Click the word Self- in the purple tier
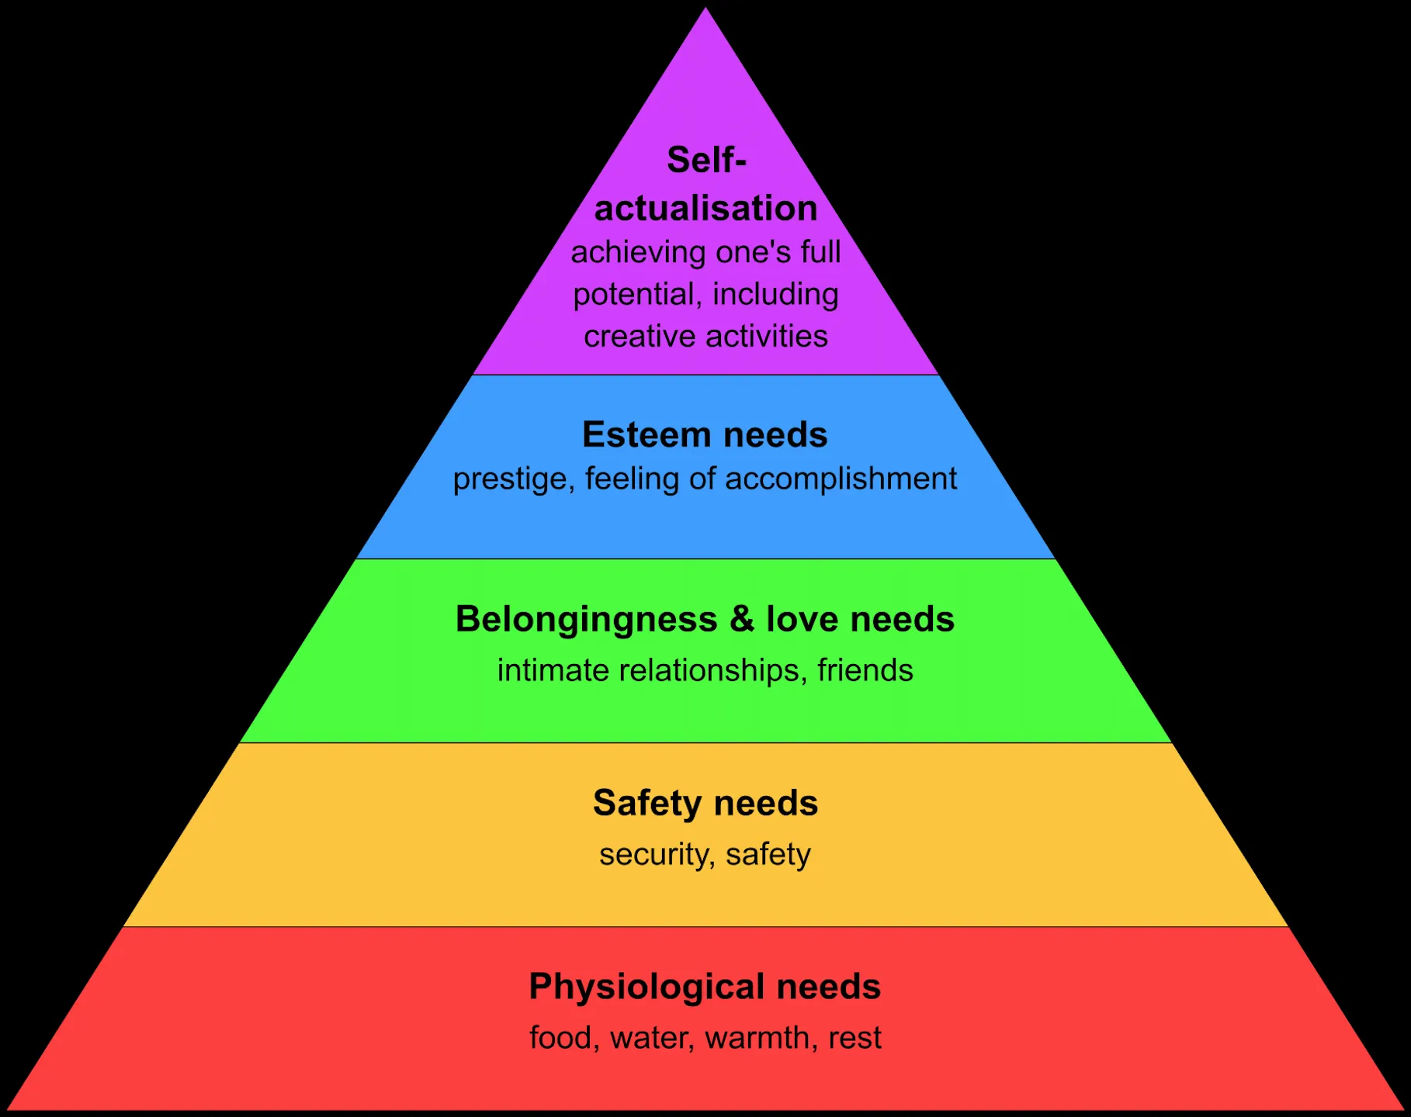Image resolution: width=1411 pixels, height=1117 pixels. [706, 161]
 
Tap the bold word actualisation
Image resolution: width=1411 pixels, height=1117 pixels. [706, 209]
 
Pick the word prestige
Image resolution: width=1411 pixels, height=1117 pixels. [512, 479]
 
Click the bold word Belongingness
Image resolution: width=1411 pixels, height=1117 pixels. [587, 620]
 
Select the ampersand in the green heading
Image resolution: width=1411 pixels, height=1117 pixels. [742, 619]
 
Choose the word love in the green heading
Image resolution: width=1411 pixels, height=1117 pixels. [803, 619]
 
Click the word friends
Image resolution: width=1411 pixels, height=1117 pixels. [865, 670]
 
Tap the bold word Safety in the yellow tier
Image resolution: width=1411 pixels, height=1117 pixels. [647, 804]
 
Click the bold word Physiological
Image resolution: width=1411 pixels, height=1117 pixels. [647, 987]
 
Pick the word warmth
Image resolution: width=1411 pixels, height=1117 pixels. [758, 1038]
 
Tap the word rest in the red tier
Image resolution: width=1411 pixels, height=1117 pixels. [855, 1038]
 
